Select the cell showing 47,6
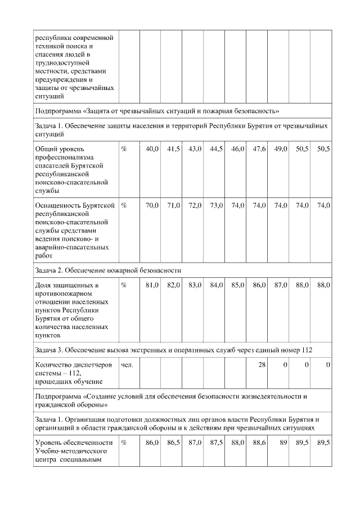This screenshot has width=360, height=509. tap(259, 148)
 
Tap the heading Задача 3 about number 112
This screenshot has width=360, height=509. tap(173, 350)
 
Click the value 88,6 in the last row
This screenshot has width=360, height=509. tap(259, 443)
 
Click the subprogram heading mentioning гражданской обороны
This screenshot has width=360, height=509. tap(172, 400)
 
